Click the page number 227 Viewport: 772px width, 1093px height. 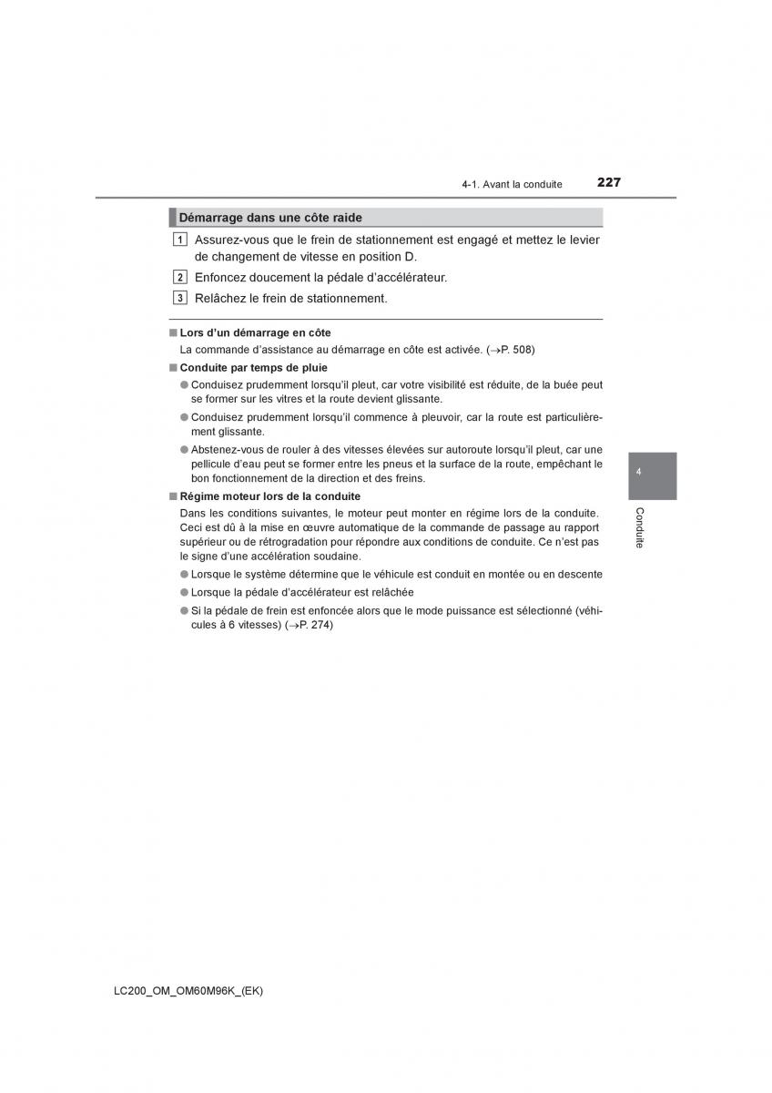[609, 182]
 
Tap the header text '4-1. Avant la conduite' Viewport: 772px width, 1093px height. [512, 184]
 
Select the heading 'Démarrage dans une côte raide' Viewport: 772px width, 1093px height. [270, 218]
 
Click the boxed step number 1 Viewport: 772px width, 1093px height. [180, 240]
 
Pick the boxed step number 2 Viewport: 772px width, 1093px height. [180, 278]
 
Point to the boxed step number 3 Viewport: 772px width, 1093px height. [180, 298]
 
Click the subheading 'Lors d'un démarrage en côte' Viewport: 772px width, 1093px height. [255, 333]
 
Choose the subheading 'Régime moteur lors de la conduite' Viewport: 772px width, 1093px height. [269, 496]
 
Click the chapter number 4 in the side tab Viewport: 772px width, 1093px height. [640, 472]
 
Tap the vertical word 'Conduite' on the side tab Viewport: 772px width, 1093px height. [640, 527]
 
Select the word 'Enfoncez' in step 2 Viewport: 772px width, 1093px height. [219, 278]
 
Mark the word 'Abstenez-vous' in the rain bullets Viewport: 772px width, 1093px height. [225, 449]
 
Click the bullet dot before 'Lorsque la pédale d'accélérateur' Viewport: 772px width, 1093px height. [184, 592]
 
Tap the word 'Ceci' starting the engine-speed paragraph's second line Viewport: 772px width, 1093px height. [191, 526]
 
